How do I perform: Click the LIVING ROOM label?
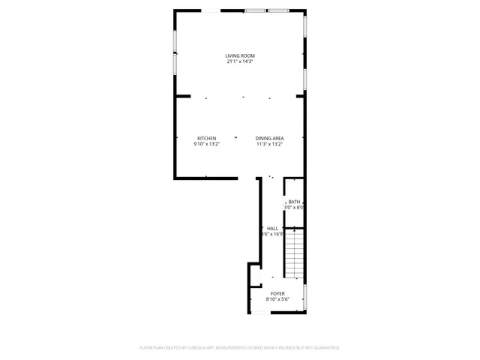click(x=240, y=55)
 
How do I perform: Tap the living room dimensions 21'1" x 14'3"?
click(x=240, y=61)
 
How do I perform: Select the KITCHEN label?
click(x=207, y=138)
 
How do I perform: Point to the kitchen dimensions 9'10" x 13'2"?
click(x=207, y=144)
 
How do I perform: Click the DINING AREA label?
click(x=268, y=138)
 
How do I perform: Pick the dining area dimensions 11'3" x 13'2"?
click(x=268, y=144)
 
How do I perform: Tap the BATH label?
click(x=294, y=202)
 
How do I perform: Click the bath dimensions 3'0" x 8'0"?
click(x=294, y=208)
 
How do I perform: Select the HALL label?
click(x=272, y=228)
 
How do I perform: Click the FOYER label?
click(x=277, y=293)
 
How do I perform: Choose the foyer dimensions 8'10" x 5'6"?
click(x=277, y=299)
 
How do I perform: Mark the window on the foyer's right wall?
click(x=305, y=298)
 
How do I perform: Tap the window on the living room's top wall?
click(x=267, y=10)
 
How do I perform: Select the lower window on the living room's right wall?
click(x=305, y=79)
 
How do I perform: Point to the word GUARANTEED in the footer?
click(x=325, y=348)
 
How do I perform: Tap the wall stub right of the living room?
click(x=301, y=96)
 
